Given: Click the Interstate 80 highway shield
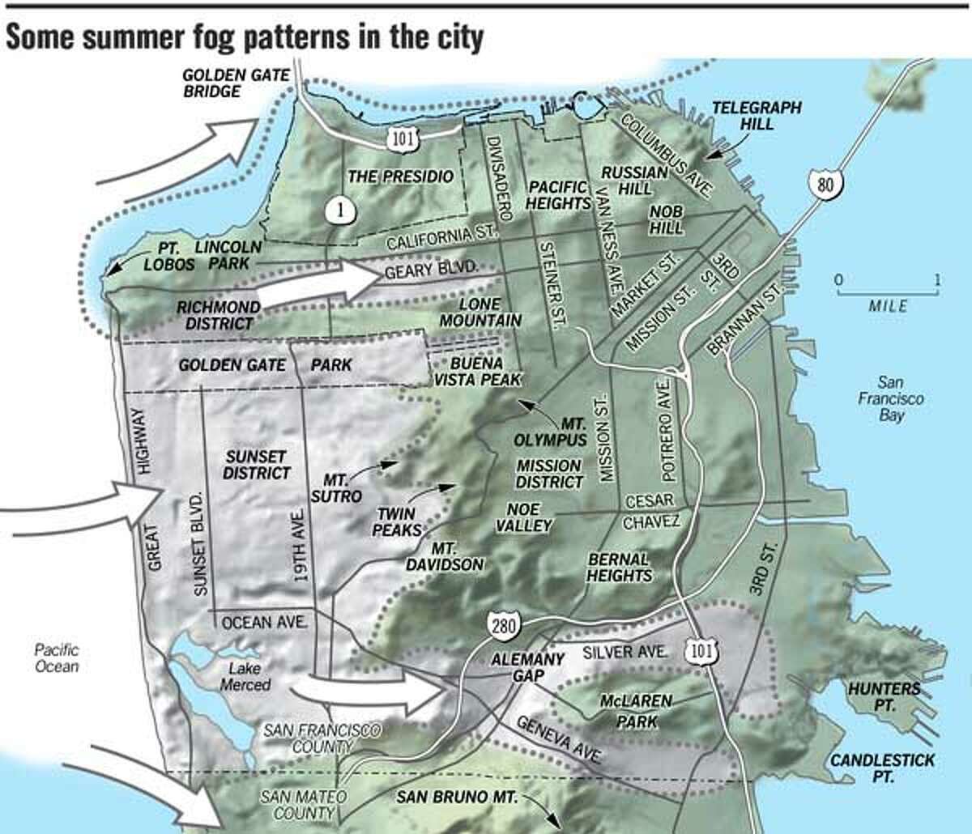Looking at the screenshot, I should point(825,185).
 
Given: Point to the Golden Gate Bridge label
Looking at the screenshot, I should point(235,83).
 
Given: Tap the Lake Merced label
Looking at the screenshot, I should point(245,676).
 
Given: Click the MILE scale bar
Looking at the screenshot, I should point(888,293).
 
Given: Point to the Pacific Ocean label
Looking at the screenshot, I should point(57,657).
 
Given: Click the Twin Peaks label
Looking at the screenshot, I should point(396,521).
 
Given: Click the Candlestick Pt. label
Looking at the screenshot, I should point(882,768).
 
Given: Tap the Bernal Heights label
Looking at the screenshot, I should point(620,567).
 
